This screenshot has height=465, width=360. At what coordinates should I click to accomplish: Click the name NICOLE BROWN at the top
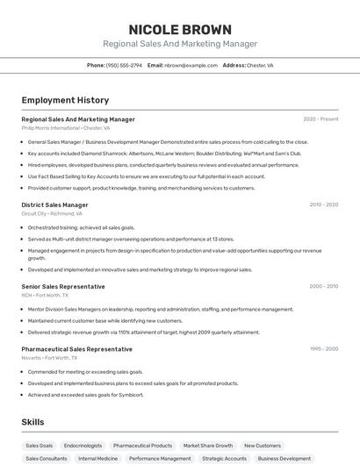tap(180, 30)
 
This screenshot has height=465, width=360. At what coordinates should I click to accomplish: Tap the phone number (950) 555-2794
tap(124, 65)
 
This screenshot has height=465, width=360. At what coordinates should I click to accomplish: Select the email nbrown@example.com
tap(191, 65)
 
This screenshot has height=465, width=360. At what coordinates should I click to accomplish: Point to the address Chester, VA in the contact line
tap(260, 65)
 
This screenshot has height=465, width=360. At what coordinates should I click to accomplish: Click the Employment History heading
tap(65, 100)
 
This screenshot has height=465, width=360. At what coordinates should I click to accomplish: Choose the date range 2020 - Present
tap(320, 119)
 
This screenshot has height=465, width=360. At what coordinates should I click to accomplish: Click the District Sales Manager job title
tap(54, 204)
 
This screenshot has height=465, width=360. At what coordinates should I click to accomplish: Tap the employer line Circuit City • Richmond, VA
tap(52, 213)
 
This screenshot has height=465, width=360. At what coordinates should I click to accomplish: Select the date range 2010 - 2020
tap(323, 204)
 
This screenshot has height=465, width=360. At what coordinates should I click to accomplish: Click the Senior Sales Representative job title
tap(62, 286)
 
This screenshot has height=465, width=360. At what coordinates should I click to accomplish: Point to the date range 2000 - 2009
tap(323, 286)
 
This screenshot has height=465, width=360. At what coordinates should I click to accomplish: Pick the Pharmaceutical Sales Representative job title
tap(76, 348)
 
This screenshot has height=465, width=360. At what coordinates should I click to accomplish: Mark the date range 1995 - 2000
tap(323, 348)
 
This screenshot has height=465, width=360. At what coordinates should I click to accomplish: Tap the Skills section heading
tap(32, 422)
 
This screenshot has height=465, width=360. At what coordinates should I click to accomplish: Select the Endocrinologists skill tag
tap(83, 446)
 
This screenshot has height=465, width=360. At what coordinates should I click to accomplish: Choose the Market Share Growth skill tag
tap(208, 446)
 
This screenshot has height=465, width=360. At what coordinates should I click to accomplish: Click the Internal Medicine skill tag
tap(97, 458)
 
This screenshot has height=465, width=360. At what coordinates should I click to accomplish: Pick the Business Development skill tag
tap(284, 458)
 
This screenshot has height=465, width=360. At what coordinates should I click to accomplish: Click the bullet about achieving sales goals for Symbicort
tap(85, 395)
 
